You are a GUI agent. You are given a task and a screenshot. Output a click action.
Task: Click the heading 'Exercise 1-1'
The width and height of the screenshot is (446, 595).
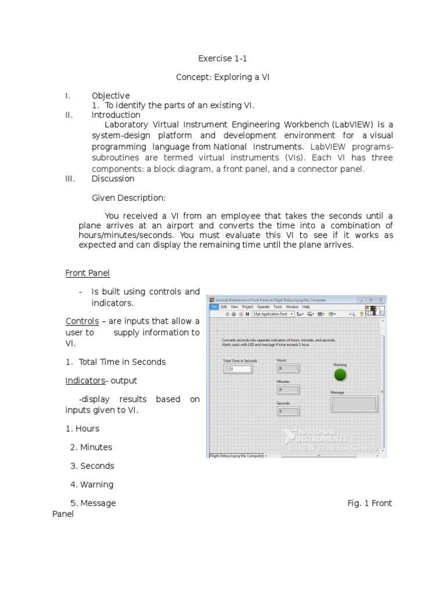pyautogui.click(x=222, y=58)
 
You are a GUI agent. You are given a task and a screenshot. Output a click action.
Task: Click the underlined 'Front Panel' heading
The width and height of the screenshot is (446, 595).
pyautogui.click(x=87, y=273)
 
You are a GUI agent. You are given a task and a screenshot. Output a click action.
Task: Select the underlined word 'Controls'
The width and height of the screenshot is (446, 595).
pyautogui.click(x=82, y=321)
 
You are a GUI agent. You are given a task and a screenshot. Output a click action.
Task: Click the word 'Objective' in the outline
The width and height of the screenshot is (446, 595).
pyautogui.click(x=110, y=95)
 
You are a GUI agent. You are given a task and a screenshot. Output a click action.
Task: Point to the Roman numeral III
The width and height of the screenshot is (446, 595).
pyautogui.click(x=70, y=178)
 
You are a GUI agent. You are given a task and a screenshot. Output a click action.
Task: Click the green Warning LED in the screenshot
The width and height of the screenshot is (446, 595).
pyautogui.click(x=340, y=375)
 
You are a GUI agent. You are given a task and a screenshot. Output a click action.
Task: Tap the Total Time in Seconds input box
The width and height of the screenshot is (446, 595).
pyautogui.click(x=240, y=368)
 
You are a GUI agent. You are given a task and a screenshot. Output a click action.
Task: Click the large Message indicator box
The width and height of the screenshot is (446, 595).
pyautogui.click(x=354, y=404)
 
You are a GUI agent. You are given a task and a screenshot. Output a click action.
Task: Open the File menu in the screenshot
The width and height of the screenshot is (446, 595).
pyautogui.click(x=214, y=307)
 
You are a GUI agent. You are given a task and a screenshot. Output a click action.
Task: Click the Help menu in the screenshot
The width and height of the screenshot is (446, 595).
pyautogui.click(x=306, y=307)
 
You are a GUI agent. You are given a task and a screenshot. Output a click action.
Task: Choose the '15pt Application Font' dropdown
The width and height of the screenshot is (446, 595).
pyautogui.click(x=272, y=314)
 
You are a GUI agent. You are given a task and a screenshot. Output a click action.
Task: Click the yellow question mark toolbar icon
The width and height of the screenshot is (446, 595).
pyautogui.click(x=361, y=314)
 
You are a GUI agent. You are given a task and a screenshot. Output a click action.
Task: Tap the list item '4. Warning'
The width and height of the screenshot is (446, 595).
pyautogui.click(x=92, y=484)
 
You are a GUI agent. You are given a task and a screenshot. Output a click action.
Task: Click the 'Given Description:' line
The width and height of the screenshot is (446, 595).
pyautogui.click(x=128, y=198)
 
